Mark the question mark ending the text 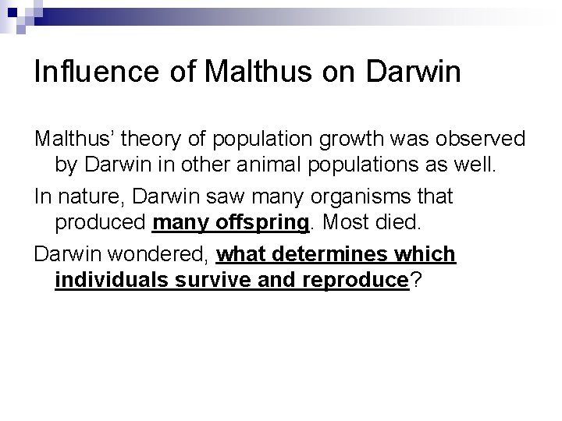click(x=417, y=281)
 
